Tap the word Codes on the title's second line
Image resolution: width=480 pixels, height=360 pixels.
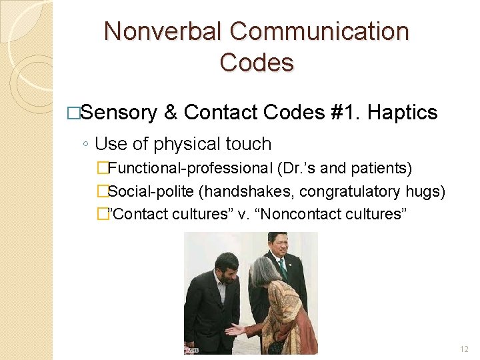(x=257, y=63)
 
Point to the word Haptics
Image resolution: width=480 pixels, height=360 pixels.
(x=402, y=113)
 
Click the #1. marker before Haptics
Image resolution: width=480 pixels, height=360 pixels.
(x=346, y=113)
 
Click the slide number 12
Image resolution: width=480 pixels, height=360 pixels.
(x=464, y=349)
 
